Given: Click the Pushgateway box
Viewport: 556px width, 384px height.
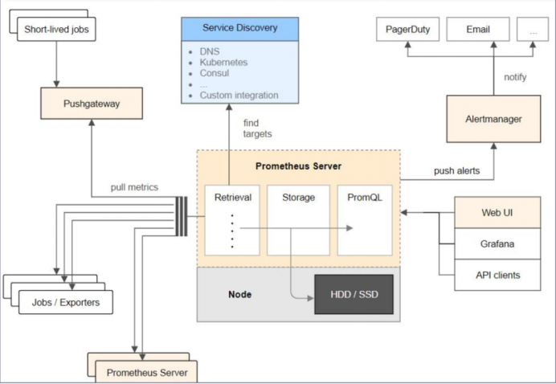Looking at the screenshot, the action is pos(92,103).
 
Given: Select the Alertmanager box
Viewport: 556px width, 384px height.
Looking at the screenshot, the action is pos(493,119).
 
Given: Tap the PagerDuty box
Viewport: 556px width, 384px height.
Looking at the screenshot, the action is pos(408,29).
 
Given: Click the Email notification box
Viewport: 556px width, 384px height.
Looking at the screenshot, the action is pos(478,29).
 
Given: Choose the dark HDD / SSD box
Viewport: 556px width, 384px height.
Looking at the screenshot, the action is pos(354,294).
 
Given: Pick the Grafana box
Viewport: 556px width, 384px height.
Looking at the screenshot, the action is pos(497,243).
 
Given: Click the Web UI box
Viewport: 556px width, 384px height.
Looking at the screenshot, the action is pos(497,212).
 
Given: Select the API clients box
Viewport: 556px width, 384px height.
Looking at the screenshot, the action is pos(497,275).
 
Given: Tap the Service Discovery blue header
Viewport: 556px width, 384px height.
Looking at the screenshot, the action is pos(239,29).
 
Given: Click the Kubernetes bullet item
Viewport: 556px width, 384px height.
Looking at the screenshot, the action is pos(223,63).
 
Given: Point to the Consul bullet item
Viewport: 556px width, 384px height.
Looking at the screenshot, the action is pos(215,73).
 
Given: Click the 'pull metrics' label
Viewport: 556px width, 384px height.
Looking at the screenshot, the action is pos(134,187).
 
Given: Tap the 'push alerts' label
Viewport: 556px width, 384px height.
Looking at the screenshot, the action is pos(456,171).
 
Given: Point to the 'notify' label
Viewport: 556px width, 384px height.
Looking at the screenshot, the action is pos(515,77).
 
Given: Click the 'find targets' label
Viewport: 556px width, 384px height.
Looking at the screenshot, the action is pos(257,129).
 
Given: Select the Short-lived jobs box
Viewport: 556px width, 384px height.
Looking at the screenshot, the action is pos(56,29).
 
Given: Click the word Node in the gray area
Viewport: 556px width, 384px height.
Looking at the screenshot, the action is pos(239,294).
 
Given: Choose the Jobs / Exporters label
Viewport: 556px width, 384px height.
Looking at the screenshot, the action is pos(66,302).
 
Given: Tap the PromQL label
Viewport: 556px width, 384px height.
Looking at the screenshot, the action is pos(365,198).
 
